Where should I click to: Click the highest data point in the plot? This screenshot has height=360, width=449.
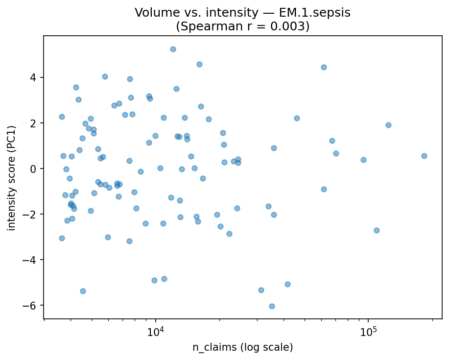pos(173,49)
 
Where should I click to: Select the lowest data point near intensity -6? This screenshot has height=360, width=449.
pos(272,306)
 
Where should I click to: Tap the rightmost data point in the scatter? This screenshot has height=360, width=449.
pos(424,156)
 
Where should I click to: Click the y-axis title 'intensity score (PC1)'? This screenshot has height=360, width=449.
pos(12,177)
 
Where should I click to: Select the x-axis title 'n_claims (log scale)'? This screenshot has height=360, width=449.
pos(242,348)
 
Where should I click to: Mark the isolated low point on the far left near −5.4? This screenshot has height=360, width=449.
pos(83,291)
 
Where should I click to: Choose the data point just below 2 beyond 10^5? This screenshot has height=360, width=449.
pos(388,125)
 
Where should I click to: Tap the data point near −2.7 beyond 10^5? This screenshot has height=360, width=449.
pos(377,230)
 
